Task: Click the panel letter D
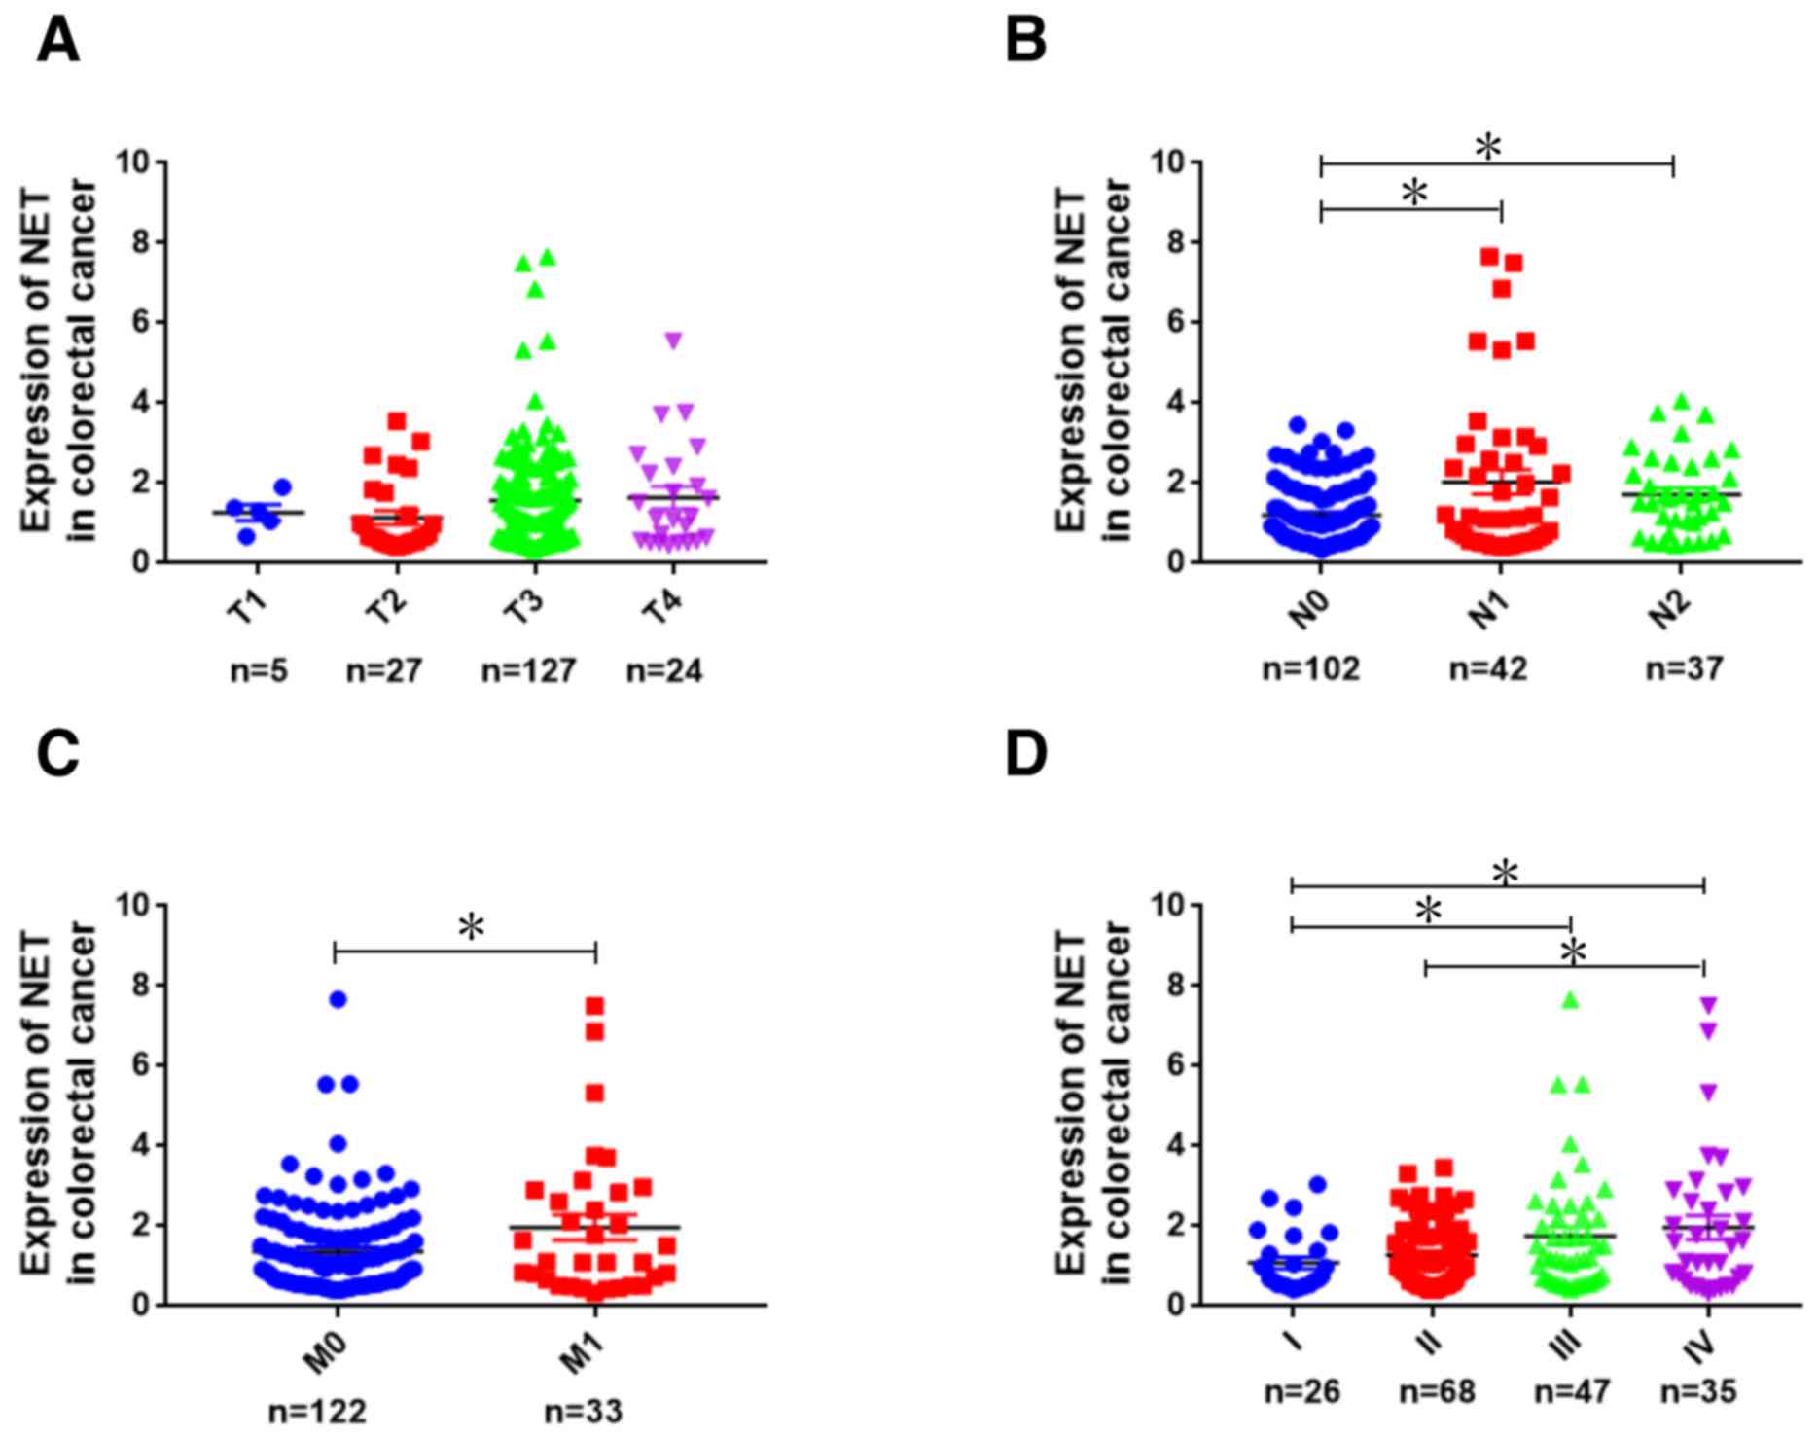(1026, 755)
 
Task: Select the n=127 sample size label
(529, 670)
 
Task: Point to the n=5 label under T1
(259, 670)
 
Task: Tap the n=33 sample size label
(584, 1412)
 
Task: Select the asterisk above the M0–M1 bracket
(471, 926)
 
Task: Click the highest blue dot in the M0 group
(338, 999)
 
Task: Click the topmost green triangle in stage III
(1570, 999)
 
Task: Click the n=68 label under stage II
(1437, 1392)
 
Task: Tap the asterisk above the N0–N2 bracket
(1488, 147)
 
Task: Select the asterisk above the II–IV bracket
(1572, 951)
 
